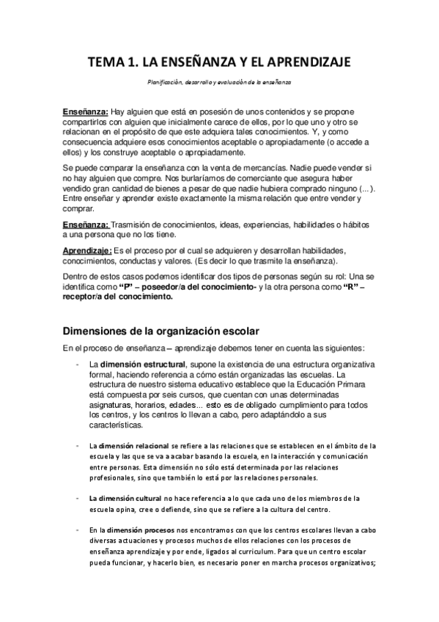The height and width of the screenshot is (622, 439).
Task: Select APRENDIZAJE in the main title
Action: (307, 64)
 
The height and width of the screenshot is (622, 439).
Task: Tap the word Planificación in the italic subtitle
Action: (159, 83)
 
